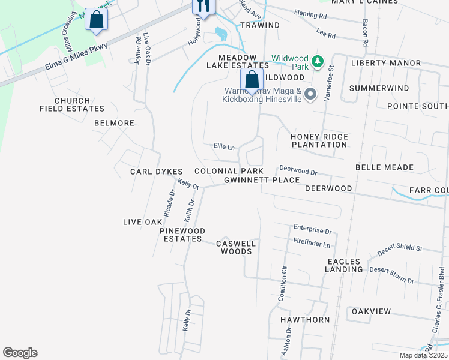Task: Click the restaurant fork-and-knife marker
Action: pos(203,7)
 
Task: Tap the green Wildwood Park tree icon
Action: pos(318,60)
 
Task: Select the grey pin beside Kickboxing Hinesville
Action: pos(310,94)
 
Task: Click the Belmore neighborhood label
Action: pos(114,123)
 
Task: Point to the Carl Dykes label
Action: pos(156,172)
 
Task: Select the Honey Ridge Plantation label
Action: pos(319,140)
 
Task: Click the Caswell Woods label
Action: pos(236,247)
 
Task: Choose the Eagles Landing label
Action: pos(344,265)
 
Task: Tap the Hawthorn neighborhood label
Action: pos(305,320)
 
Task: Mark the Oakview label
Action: pos(371,311)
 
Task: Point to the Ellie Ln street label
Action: pos(224,146)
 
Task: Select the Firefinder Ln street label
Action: pos(312,245)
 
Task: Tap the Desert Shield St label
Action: pos(400,248)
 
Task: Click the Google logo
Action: pos(20,353)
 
